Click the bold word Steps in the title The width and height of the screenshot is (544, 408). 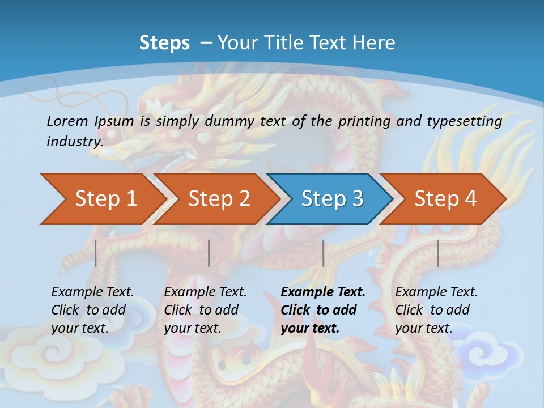click(x=164, y=43)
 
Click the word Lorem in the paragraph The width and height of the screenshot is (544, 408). click(x=67, y=121)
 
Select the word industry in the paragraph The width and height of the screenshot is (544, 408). click(x=74, y=142)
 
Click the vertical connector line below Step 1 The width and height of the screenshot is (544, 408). click(x=96, y=253)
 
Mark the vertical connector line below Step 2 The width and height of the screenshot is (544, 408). click(x=209, y=253)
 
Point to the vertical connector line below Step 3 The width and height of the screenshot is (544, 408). click(x=323, y=253)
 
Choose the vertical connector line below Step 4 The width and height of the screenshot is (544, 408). click(x=437, y=253)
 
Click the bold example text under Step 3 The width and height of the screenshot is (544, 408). click(x=322, y=310)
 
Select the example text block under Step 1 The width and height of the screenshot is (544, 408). click(x=92, y=310)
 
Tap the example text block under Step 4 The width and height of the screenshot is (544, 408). click(x=436, y=310)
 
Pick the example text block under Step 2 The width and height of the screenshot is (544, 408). click(x=205, y=310)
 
